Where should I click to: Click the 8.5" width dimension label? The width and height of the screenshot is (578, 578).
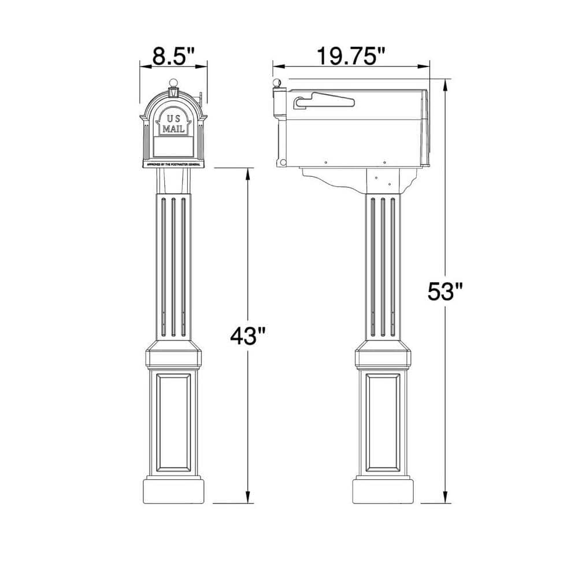click(x=172, y=57)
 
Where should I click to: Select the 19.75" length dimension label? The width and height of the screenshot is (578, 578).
click(x=350, y=57)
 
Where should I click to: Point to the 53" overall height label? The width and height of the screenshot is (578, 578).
click(x=446, y=291)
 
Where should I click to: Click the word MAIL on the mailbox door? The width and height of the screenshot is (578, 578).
click(x=173, y=128)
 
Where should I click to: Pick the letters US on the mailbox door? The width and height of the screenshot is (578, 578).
click(x=173, y=118)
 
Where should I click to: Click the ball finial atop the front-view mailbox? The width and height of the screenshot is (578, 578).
click(x=173, y=82)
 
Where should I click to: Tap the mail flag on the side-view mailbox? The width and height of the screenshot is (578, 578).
click(x=324, y=102)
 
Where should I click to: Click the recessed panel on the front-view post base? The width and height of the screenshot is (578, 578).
click(x=173, y=423)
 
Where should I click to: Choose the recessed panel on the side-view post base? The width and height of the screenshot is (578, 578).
click(x=383, y=423)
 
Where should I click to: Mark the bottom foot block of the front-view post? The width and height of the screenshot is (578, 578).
click(x=173, y=491)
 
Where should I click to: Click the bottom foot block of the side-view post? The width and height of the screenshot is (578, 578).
click(x=383, y=491)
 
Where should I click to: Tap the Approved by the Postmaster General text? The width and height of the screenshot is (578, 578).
click(x=173, y=164)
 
